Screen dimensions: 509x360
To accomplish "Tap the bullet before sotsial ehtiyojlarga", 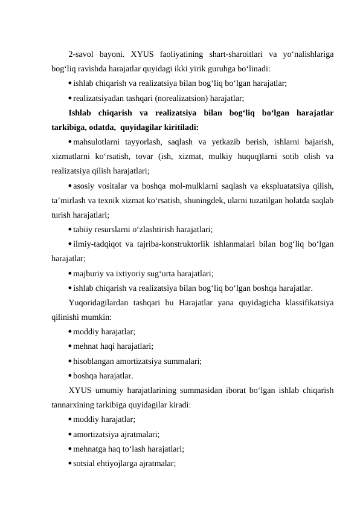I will coord(71,463).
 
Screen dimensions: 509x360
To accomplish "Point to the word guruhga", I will coord(225,70).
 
